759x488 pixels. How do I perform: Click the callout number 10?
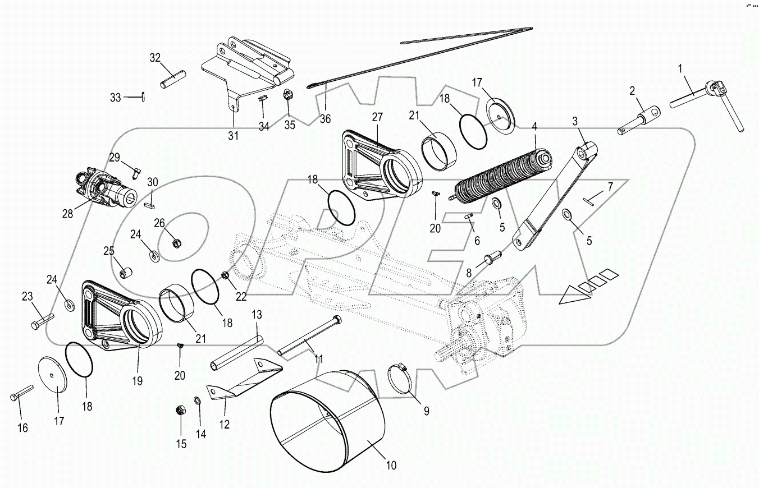pyautogui.click(x=391, y=465)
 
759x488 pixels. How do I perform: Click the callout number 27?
pyautogui.click(x=377, y=117)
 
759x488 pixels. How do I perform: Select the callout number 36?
pyautogui.click(x=325, y=118)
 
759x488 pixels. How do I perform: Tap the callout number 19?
pyautogui.click(x=138, y=381)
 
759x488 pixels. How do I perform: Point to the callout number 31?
pyautogui.click(x=233, y=135)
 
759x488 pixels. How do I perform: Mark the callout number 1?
pyautogui.click(x=680, y=69)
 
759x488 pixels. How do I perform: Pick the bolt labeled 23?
pyautogui.click(x=40, y=321)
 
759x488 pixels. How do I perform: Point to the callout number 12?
pyautogui.click(x=224, y=425)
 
